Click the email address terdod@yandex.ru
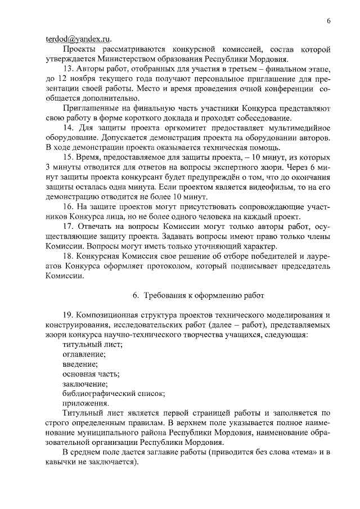click(x=78, y=40)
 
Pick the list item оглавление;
click(x=84, y=355)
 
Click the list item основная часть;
click(x=91, y=373)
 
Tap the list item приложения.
click(x=85, y=403)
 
